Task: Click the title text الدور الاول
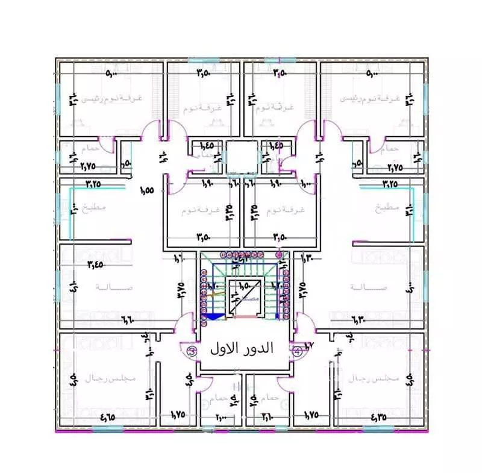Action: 242,349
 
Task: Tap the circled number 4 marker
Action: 296,351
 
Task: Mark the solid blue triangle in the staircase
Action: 216,315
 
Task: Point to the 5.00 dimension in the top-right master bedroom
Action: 371,74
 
